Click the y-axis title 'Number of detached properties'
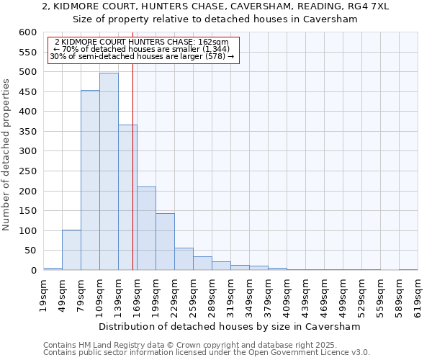pyautogui.click(x=7, y=155)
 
